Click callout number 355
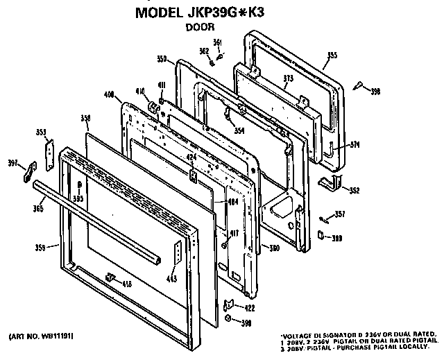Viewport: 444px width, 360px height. [x=332, y=55]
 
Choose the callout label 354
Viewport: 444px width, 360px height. [x=239, y=130]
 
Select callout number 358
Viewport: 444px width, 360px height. [x=86, y=118]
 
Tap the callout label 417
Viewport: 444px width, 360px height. [x=236, y=233]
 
